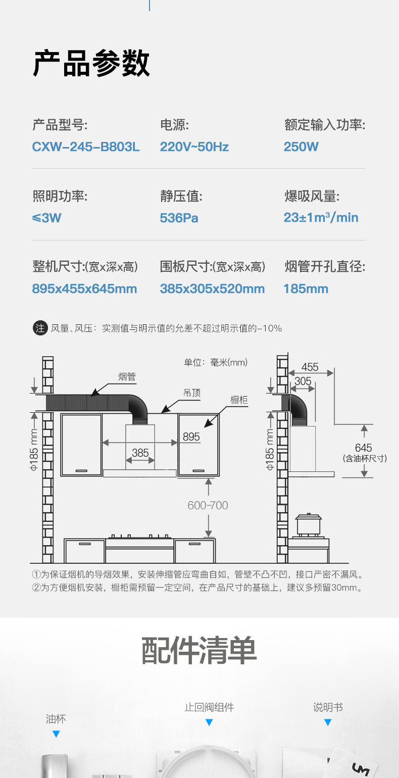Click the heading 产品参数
click(91, 64)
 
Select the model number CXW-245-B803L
click(86, 147)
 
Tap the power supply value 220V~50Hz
click(194, 147)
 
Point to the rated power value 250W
click(301, 147)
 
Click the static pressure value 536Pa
click(179, 218)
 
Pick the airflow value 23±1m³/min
click(321, 218)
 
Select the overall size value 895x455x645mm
click(84, 289)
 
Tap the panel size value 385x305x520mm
click(212, 289)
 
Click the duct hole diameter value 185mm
click(306, 289)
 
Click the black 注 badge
click(39, 328)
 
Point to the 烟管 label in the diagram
click(127, 377)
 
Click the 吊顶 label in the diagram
click(191, 393)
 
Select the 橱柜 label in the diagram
click(239, 400)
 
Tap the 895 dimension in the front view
click(191, 436)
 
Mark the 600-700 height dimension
click(208, 505)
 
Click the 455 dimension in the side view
click(310, 367)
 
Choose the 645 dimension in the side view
click(363, 448)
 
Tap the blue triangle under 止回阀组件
click(209, 722)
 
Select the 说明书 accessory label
click(328, 707)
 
